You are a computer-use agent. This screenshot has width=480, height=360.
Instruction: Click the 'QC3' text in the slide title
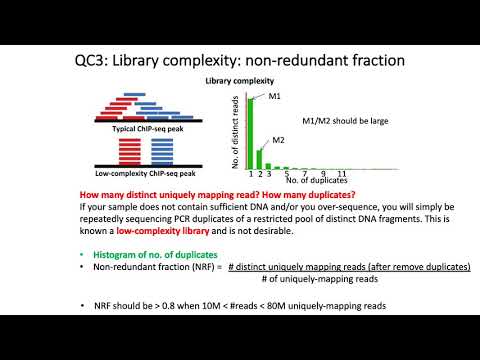[x=94, y=61]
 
